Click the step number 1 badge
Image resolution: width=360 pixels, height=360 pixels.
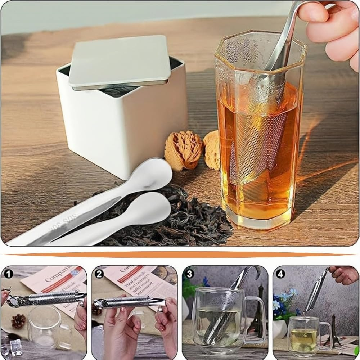point(8,274)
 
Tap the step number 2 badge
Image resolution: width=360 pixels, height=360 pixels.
point(99,274)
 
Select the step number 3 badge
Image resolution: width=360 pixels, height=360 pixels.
point(190,274)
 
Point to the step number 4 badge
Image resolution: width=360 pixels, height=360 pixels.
point(280,274)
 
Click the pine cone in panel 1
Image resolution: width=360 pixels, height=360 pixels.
point(18,320)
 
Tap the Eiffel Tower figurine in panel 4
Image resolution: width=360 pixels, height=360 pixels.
point(334,331)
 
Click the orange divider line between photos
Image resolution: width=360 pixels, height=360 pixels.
point(180,255)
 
